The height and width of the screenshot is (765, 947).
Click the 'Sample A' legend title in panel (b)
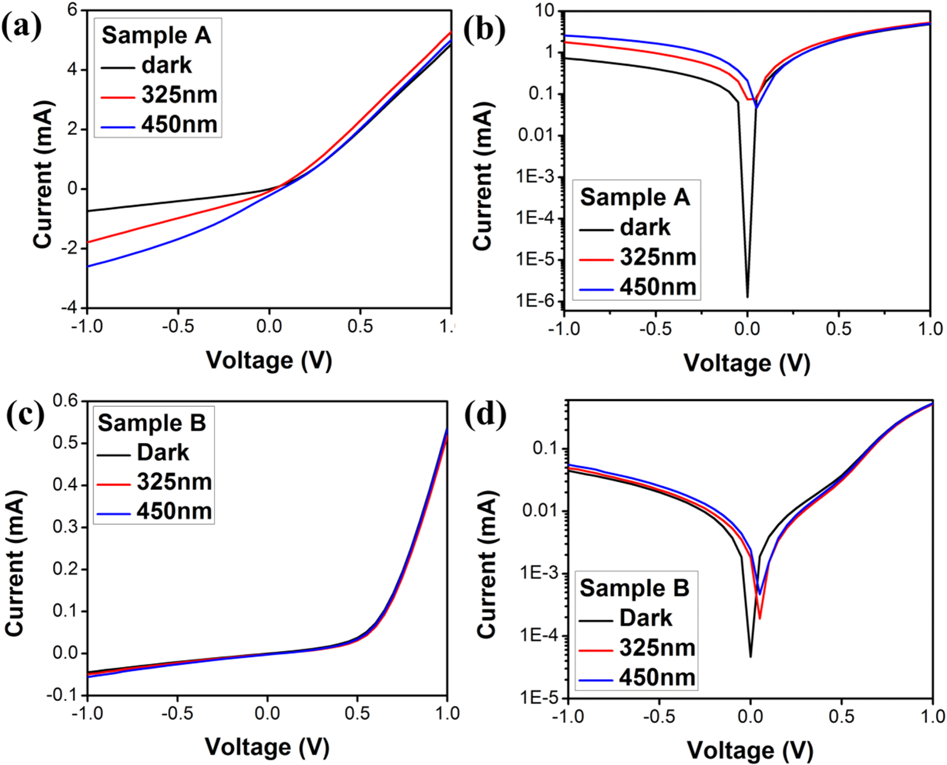click(x=635, y=198)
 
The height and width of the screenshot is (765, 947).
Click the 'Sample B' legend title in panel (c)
click(x=152, y=423)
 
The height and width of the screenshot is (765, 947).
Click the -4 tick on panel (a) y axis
click(x=70, y=308)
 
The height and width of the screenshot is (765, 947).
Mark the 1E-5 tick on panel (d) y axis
click(x=538, y=698)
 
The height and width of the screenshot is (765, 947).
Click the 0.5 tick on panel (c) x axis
click(x=357, y=713)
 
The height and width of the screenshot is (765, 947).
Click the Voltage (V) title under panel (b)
click(x=746, y=363)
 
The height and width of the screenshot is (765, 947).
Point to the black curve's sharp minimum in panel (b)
click(x=747, y=296)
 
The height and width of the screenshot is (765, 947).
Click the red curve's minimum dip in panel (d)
click(x=759, y=618)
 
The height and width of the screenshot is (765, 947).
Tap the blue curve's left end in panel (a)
click(x=88, y=266)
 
